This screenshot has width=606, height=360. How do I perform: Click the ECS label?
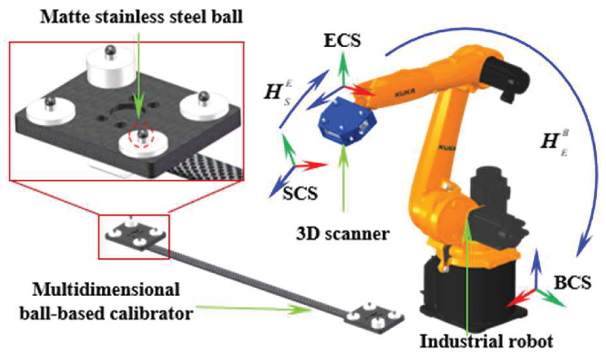pyautogui.click(x=342, y=41)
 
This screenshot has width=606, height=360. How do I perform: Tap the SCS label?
pyautogui.click(x=300, y=193)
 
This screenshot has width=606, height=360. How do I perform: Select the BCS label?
pyautogui.click(x=572, y=282)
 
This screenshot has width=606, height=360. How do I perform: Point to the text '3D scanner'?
pyautogui.click(x=343, y=234)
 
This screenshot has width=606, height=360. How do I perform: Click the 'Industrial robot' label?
pyautogui.click(x=486, y=342)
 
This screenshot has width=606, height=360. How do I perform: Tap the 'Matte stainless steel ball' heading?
pyautogui.click(x=141, y=17)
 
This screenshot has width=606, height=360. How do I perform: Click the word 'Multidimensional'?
pyautogui.click(x=106, y=290)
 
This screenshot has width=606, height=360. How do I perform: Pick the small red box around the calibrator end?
pyautogui.click(x=134, y=237)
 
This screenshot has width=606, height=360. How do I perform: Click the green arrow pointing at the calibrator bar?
pyautogui.click(x=254, y=308)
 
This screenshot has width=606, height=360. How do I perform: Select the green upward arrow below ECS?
pyautogui.click(x=344, y=68)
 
